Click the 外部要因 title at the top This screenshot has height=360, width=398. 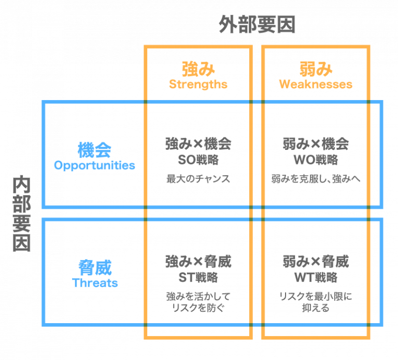coord(257,24)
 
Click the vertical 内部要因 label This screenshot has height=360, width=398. coord(21,214)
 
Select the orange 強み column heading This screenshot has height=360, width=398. coord(198,70)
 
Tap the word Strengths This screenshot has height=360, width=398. coord(198,84)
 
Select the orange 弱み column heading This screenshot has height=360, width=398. coord(316,70)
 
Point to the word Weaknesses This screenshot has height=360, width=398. coord(316,84)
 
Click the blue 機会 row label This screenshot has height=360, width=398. coord(94,150)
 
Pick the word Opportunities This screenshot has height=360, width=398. coord(94,165)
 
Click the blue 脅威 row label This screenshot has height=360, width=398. coord(94,268)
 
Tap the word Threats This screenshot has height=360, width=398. coord(94,283)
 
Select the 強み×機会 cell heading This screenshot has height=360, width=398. coord(198,143)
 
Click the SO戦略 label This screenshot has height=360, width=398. coord(198,159)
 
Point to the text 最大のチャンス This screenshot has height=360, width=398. coord(198,179)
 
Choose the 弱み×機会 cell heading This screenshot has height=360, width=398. coord(316,143)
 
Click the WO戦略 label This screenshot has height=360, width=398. coord(316,159)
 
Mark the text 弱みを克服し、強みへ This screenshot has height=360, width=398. coord(316,179)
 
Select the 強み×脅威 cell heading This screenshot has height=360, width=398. coord(198,261)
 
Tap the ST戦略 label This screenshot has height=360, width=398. coord(198,277)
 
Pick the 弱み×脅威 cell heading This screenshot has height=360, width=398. coord(316,261)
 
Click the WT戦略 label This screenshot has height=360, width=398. coord(316,277)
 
